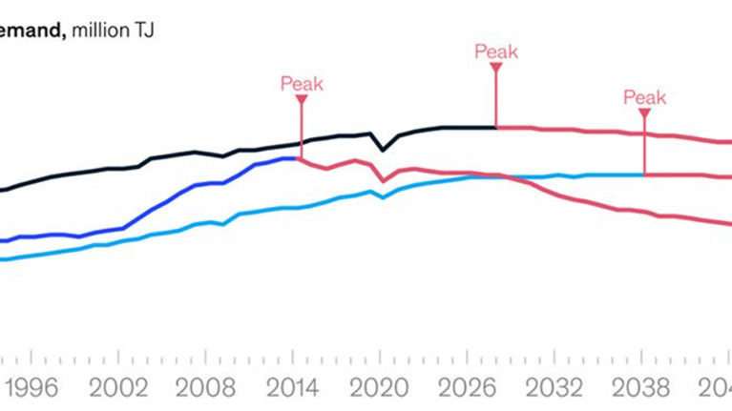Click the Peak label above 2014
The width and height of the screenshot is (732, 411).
302,84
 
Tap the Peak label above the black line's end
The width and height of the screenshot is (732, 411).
496,51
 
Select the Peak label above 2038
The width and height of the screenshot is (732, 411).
644,96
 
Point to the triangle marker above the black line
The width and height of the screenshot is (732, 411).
496,67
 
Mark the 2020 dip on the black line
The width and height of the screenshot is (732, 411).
383,150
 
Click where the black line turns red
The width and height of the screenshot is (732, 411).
496,127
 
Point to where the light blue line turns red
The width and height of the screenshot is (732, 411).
644,175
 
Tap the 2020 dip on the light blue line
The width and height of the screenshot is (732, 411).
383,196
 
